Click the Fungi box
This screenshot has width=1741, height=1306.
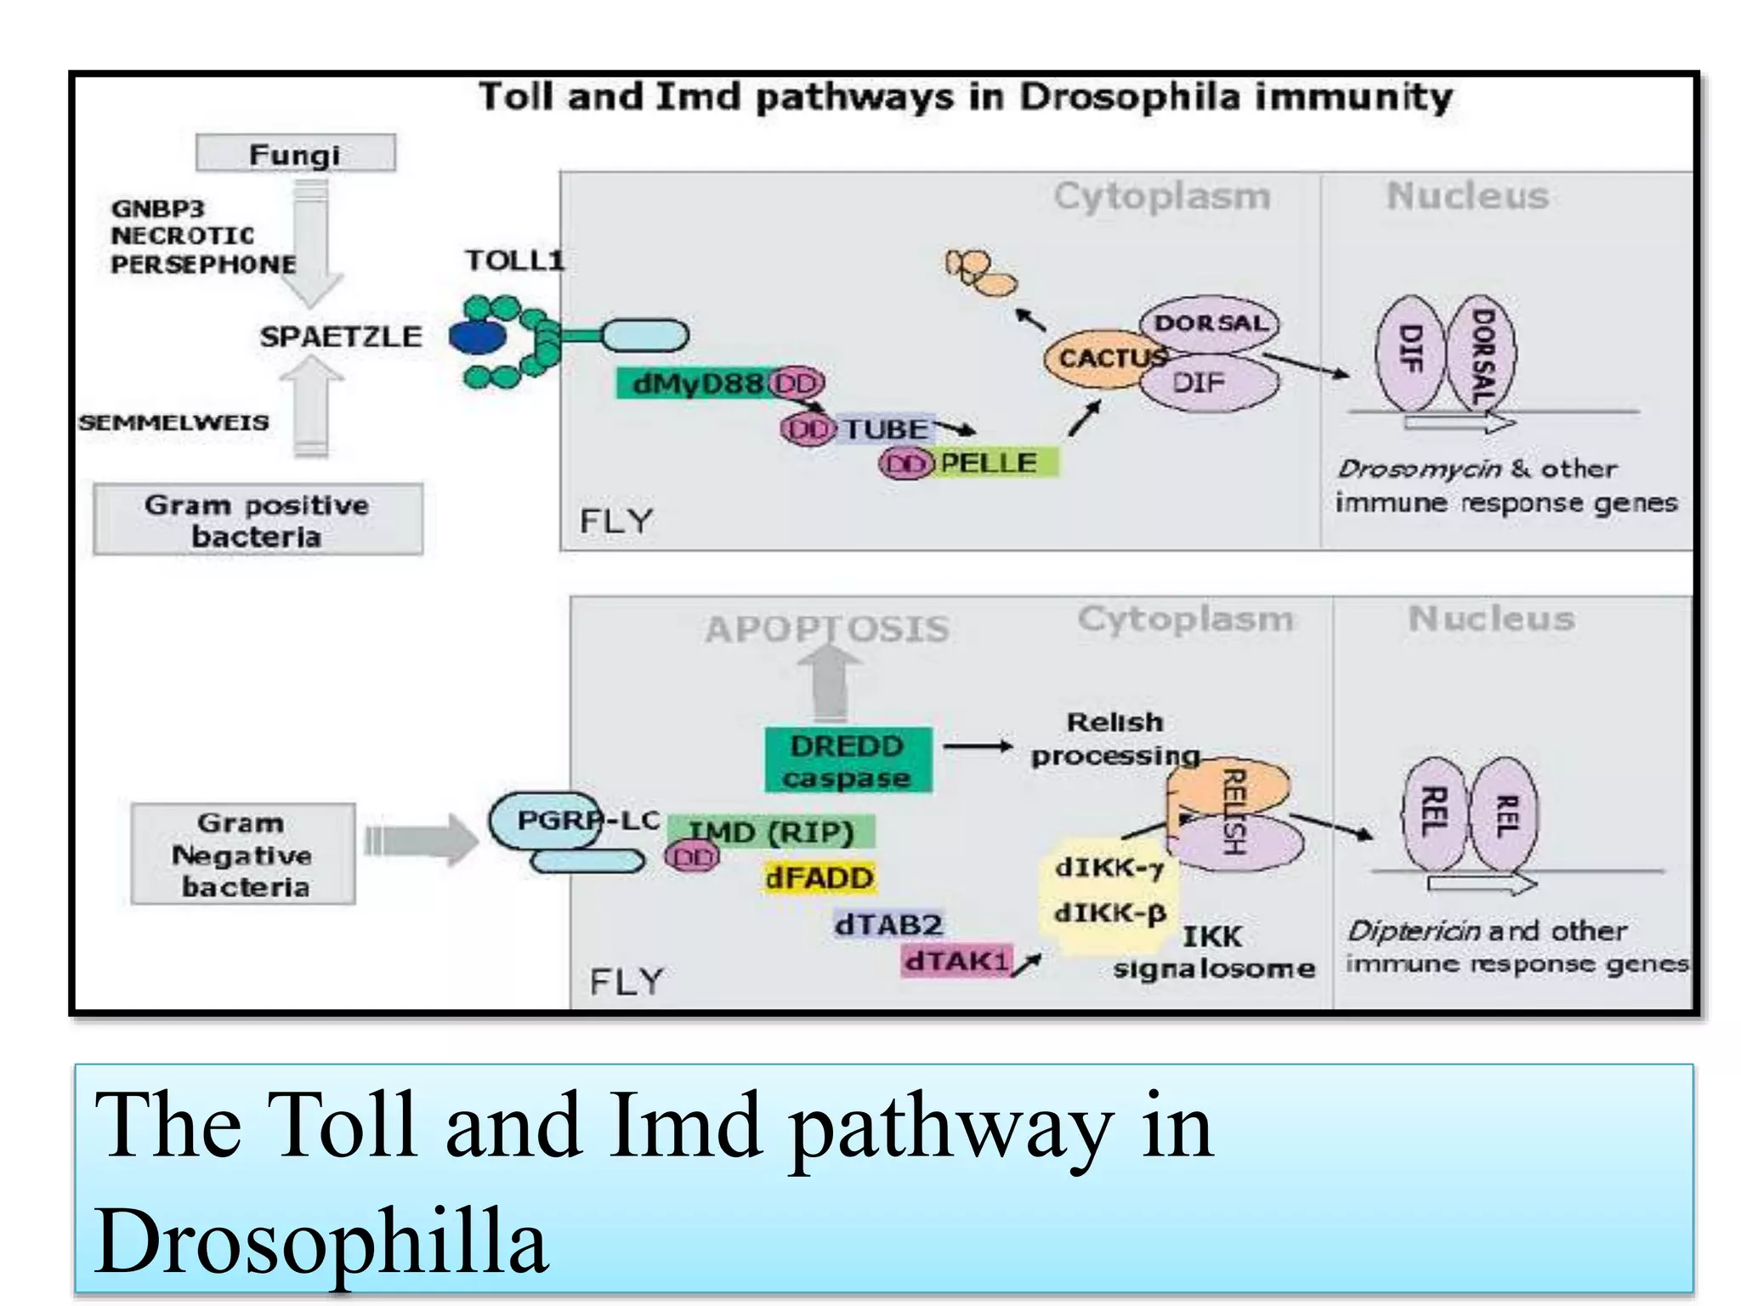(x=295, y=154)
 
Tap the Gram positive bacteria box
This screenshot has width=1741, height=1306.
(x=257, y=520)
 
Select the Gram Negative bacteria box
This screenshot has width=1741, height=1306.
(x=243, y=854)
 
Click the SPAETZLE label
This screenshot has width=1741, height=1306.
(x=340, y=337)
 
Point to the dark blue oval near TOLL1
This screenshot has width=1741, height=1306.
(x=477, y=337)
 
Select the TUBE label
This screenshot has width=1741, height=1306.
(x=885, y=429)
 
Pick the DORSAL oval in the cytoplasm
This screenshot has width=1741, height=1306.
(x=1210, y=323)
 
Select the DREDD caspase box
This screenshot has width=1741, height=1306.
(x=848, y=760)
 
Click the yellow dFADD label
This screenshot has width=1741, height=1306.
(x=819, y=877)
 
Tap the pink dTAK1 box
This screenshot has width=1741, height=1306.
(x=956, y=962)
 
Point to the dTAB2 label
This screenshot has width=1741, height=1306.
(x=888, y=924)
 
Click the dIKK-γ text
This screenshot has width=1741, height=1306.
(x=1109, y=867)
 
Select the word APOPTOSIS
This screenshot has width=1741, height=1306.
(x=826, y=629)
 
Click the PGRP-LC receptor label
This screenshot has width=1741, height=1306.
(x=587, y=820)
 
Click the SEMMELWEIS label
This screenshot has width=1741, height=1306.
(x=174, y=422)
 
